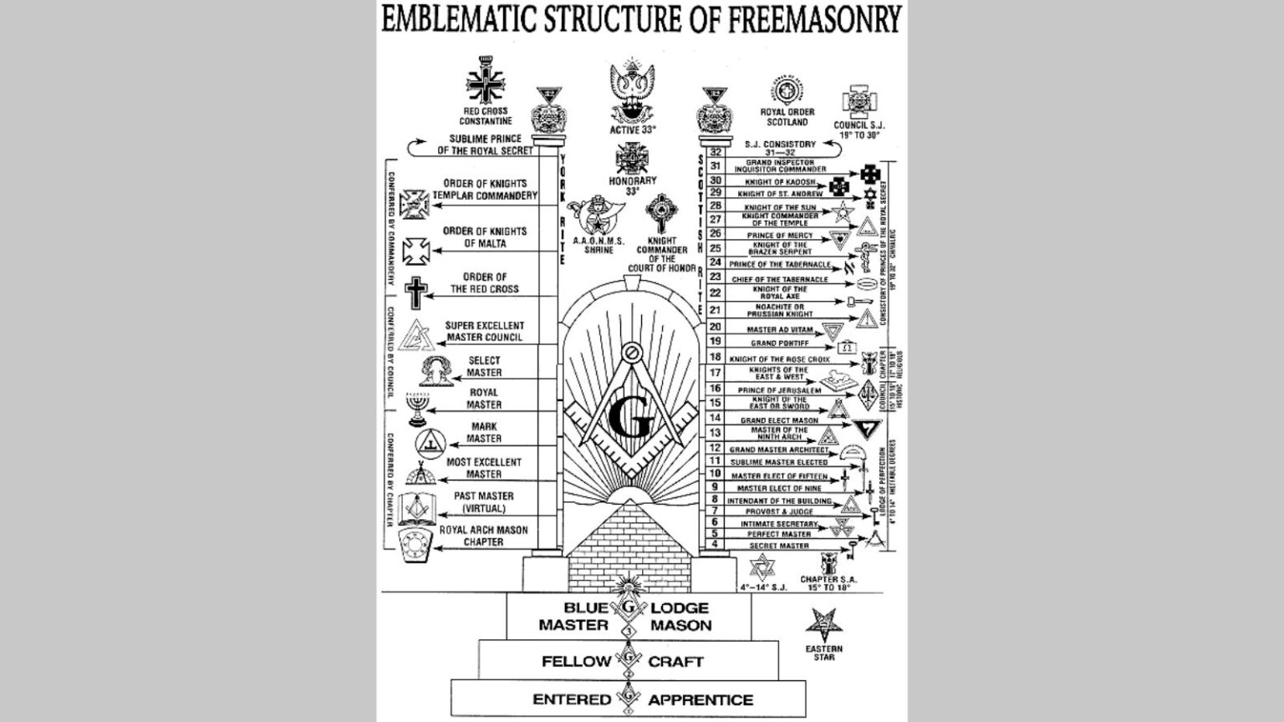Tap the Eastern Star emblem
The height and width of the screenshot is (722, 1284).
coord(823,627)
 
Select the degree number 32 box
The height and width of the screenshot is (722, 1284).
coord(716,152)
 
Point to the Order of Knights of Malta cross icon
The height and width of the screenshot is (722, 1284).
coord(415,250)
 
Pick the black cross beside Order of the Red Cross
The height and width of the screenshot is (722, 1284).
coord(415,292)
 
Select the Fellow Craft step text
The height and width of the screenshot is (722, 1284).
coord(622,661)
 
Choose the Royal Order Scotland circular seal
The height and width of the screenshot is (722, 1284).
coord(787,90)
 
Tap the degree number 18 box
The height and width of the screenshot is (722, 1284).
coord(716,357)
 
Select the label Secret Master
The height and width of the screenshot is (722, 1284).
coord(779,546)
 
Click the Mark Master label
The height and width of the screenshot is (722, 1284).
coord(484,432)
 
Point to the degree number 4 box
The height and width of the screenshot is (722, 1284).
coord(716,545)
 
